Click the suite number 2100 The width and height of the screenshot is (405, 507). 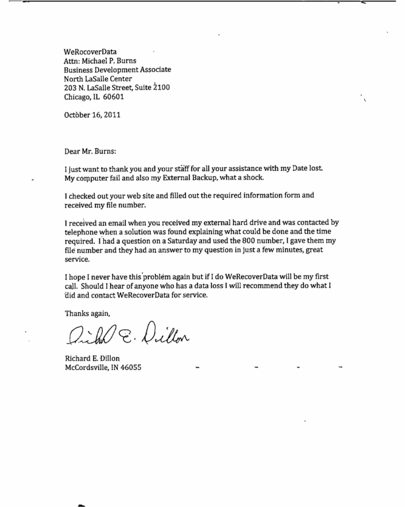(x=161, y=88)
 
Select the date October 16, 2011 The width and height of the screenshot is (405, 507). (x=92, y=115)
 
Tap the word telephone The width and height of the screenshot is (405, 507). (x=82, y=231)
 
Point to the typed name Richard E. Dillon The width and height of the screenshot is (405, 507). (x=92, y=358)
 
